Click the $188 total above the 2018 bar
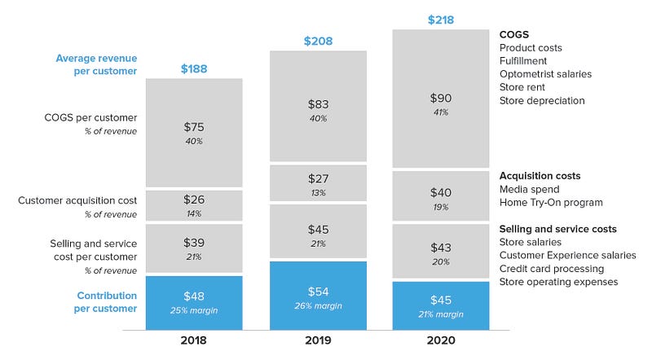coord(194,68)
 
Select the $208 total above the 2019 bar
coord(318,41)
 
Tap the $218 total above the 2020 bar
coord(441,20)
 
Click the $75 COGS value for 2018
coord(194,127)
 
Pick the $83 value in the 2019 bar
coord(318,104)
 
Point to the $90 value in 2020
coord(441,98)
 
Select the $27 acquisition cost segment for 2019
coord(318,183)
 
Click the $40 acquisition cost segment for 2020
coord(441,195)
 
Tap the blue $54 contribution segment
coord(318,296)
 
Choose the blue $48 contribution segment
coord(194,303)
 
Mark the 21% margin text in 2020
coord(441,314)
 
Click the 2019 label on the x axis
coord(318,340)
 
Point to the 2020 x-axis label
coord(441,340)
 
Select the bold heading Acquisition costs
coord(540,176)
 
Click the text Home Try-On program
coord(551,203)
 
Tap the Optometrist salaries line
coord(545,74)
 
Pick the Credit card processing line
coord(552,269)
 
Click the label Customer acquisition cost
coord(77,200)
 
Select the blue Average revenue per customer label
coord(96,64)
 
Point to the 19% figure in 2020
coord(441,207)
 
